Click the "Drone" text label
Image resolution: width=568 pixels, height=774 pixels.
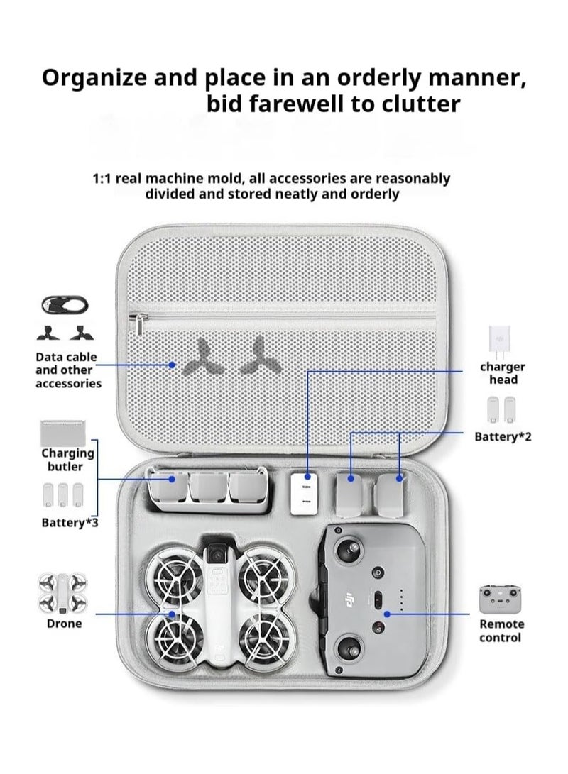[64, 624]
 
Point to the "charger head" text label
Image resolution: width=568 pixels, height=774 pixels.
[503, 373]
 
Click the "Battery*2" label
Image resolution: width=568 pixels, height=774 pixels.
[503, 436]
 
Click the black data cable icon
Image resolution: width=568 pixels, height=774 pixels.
[65, 305]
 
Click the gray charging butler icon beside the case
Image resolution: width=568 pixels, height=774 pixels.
[63, 432]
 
